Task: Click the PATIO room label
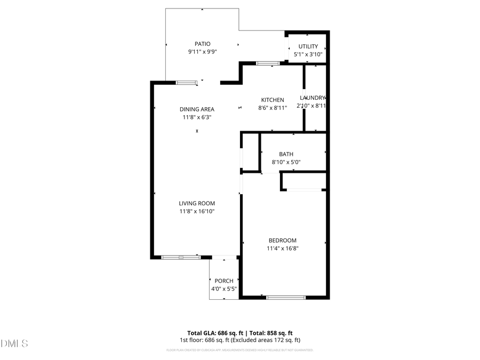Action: click(x=202, y=44)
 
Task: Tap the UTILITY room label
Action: click(x=308, y=46)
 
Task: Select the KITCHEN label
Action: click(x=272, y=100)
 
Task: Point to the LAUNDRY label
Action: click(x=313, y=98)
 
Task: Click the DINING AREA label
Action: click(x=197, y=109)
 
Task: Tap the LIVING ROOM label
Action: click(x=197, y=203)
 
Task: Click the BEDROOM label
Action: click(x=282, y=241)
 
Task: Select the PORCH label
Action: click(x=224, y=281)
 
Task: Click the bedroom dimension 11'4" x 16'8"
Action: click(x=282, y=248)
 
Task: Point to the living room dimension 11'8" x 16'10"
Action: click(x=197, y=211)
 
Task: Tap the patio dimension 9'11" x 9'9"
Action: click(x=202, y=52)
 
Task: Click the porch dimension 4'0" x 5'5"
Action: click(x=224, y=289)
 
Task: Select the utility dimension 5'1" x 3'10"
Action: click(x=308, y=54)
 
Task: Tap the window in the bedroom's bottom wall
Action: click(x=285, y=297)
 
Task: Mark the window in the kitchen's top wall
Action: click(x=268, y=63)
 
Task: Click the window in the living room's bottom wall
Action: click(x=180, y=258)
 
